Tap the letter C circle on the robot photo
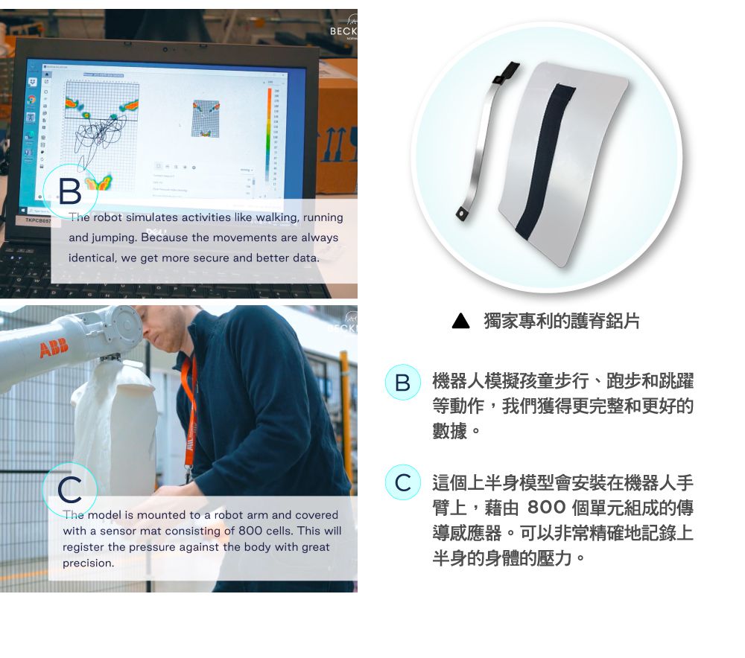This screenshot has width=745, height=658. point(70,490)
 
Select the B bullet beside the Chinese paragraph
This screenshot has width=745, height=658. point(402,383)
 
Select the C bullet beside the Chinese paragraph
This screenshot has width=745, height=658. point(402,482)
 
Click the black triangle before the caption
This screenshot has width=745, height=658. point(461,322)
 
